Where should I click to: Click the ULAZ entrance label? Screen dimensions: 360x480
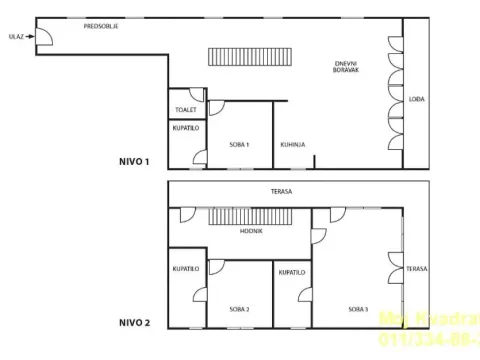point(15,36)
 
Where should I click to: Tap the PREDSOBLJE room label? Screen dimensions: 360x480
point(102,26)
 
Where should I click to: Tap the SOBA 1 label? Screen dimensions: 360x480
point(239,145)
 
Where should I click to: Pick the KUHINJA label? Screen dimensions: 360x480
point(292,145)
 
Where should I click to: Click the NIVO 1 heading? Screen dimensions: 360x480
point(134,160)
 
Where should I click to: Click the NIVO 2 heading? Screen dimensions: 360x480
point(134,322)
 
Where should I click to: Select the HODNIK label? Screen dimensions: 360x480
point(251,231)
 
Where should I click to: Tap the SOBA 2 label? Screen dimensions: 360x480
point(239,309)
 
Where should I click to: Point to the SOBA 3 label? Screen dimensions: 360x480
point(358,309)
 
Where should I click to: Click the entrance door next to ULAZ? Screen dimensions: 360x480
point(45,38)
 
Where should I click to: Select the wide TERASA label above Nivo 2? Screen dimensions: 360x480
point(281,190)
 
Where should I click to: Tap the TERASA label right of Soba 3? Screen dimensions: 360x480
point(417,269)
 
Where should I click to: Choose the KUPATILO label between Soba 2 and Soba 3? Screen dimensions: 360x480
point(292,271)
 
